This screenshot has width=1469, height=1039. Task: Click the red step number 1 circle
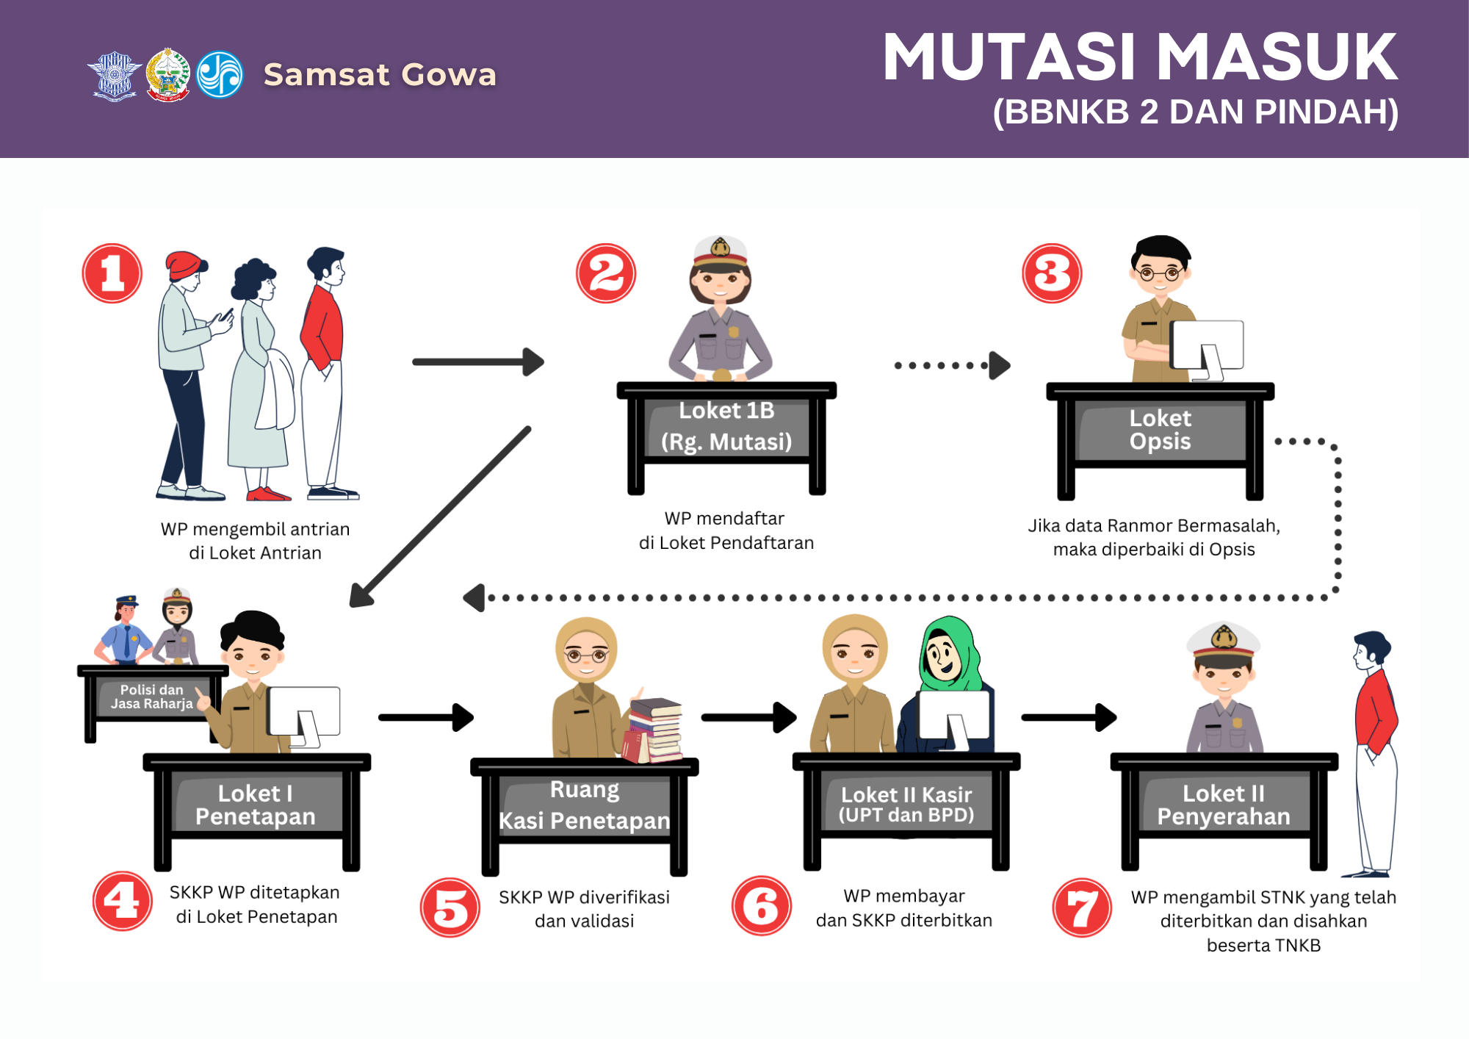pyautogui.click(x=112, y=273)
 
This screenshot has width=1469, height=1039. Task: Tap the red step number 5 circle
pyautogui.click(x=450, y=907)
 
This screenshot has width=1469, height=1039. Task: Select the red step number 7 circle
pyautogui.click(x=1082, y=907)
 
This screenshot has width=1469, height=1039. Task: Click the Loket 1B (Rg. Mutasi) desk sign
pyautogui.click(x=726, y=426)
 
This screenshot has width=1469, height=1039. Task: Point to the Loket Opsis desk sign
pyautogui.click(x=1160, y=430)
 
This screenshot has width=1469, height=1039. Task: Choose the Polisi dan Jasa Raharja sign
pyautogui.click(x=152, y=697)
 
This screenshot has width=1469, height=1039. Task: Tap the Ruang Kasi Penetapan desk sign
pyautogui.click(x=585, y=805)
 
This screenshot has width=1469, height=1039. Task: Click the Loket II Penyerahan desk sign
pyautogui.click(x=1224, y=805)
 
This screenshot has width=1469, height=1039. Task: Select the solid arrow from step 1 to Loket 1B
pyautogui.click(x=477, y=362)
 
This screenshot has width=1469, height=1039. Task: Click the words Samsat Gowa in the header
pyautogui.click(x=380, y=74)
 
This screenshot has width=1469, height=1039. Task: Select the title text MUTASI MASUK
pyautogui.click(x=1140, y=57)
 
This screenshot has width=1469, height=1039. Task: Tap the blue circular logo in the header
pyautogui.click(x=220, y=74)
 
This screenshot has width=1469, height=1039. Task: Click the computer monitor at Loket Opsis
pyautogui.click(x=1207, y=345)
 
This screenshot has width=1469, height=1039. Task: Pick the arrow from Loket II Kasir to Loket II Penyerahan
pyautogui.click(x=1069, y=717)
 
